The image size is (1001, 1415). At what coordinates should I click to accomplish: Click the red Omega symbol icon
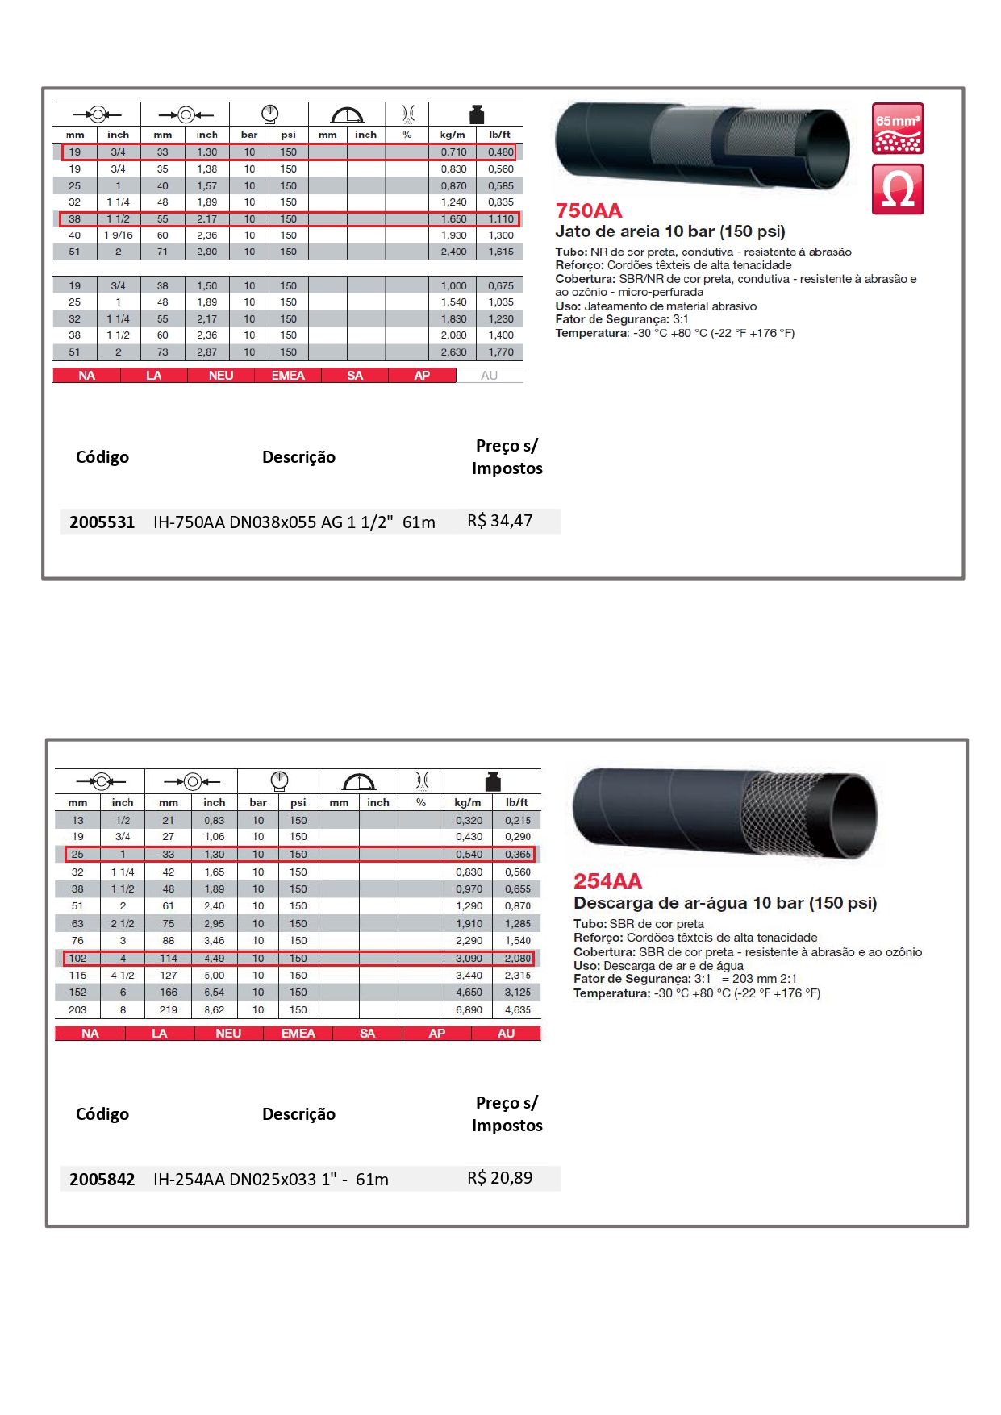(x=897, y=189)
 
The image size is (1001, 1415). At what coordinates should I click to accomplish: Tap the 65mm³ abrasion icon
(x=897, y=128)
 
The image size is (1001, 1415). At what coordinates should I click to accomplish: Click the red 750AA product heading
(x=589, y=211)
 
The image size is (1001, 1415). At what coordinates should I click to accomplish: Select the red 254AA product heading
(x=607, y=881)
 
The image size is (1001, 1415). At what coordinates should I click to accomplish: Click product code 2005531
(x=102, y=522)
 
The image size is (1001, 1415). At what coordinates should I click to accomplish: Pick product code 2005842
(x=102, y=1179)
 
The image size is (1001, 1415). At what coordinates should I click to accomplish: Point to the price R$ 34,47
(x=499, y=521)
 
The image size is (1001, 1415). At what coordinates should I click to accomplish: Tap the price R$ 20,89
(x=499, y=1178)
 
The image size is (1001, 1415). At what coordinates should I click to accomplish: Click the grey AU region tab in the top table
(x=489, y=376)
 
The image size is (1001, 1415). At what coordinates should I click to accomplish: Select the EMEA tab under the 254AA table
(x=298, y=1034)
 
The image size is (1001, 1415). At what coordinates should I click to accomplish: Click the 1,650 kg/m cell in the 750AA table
(x=453, y=219)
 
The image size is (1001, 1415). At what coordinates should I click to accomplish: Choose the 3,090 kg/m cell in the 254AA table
(x=469, y=959)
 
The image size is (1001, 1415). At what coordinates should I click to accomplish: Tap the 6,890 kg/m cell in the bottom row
(x=469, y=1010)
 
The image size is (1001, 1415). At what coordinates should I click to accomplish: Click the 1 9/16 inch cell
(x=118, y=235)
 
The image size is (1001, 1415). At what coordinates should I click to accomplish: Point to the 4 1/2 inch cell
(x=123, y=976)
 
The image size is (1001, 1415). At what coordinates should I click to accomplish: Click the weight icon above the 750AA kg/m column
(x=476, y=114)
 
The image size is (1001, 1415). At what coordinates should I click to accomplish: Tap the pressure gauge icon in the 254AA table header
(x=279, y=780)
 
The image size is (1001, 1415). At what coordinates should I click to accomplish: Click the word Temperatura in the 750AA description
(x=591, y=333)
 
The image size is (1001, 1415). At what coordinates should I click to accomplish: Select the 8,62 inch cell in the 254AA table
(x=214, y=1010)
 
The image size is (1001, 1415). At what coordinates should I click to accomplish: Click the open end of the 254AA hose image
(x=854, y=814)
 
